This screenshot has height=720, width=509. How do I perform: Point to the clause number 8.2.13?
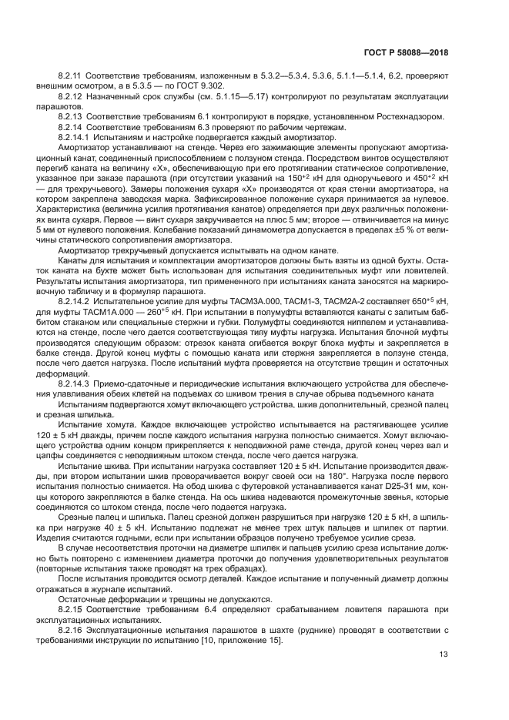[71, 116]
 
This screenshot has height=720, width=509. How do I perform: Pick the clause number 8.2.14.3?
[74, 383]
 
